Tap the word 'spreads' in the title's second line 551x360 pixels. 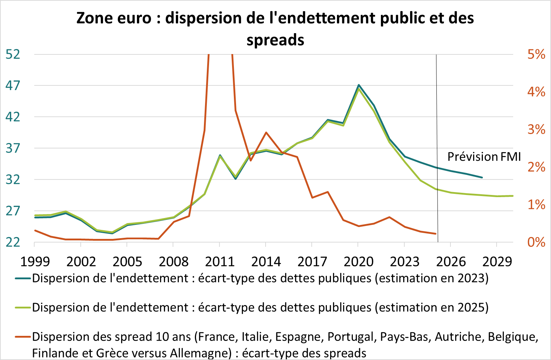pyautogui.click(x=275, y=40)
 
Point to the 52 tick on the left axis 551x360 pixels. pyautogui.click(x=13, y=54)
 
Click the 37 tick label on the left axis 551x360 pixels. pyautogui.click(x=13, y=148)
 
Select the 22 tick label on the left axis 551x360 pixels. pyautogui.click(x=13, y=242)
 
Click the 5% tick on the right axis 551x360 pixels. pyautogui.click(x=536, y=54)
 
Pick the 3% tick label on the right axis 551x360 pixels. pyautogui.click(x=536, y=129)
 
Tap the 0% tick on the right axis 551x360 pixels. pyautogui.click(x=536, y=242)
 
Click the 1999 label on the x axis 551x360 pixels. pyautogui.click(x=35, y=262)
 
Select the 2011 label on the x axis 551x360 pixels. pyautogui.click(x=220, y=262)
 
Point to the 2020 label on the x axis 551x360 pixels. pyautogui.click(x=358, y=262)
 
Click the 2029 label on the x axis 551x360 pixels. pyautogui.click(x=497, y=262)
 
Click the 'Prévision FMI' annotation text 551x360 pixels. pyautogui.click(x=484, y=157)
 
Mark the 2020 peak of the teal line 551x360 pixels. pyautogui.click(x=359, y=85)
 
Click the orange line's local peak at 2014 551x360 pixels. pyautogui.click(x=266, y=133)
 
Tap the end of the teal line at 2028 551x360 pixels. pyautogui.click(x=482, y=177)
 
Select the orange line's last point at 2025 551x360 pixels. pyautogui.click(x=436, y=234)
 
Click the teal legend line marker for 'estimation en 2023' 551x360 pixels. pyautogui.click(x=23, y=279)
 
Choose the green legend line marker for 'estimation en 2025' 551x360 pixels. pyautogui.click(x=23, y=308)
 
